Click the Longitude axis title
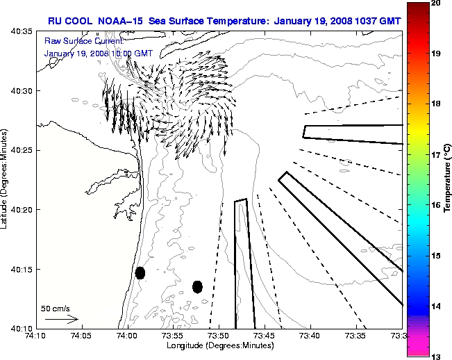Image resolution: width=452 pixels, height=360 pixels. click(219, 345)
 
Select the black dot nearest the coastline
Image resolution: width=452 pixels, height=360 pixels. click(140, 272)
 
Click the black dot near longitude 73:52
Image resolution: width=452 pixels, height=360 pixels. click(197, 286)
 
